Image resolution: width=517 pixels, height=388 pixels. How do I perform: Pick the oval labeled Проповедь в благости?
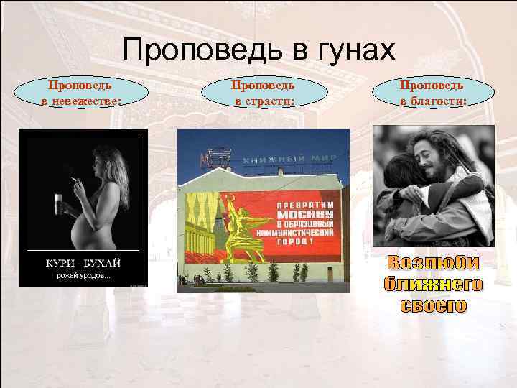433,93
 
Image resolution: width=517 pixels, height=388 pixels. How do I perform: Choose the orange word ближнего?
433,285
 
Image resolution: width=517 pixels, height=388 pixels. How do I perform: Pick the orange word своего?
433,305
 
